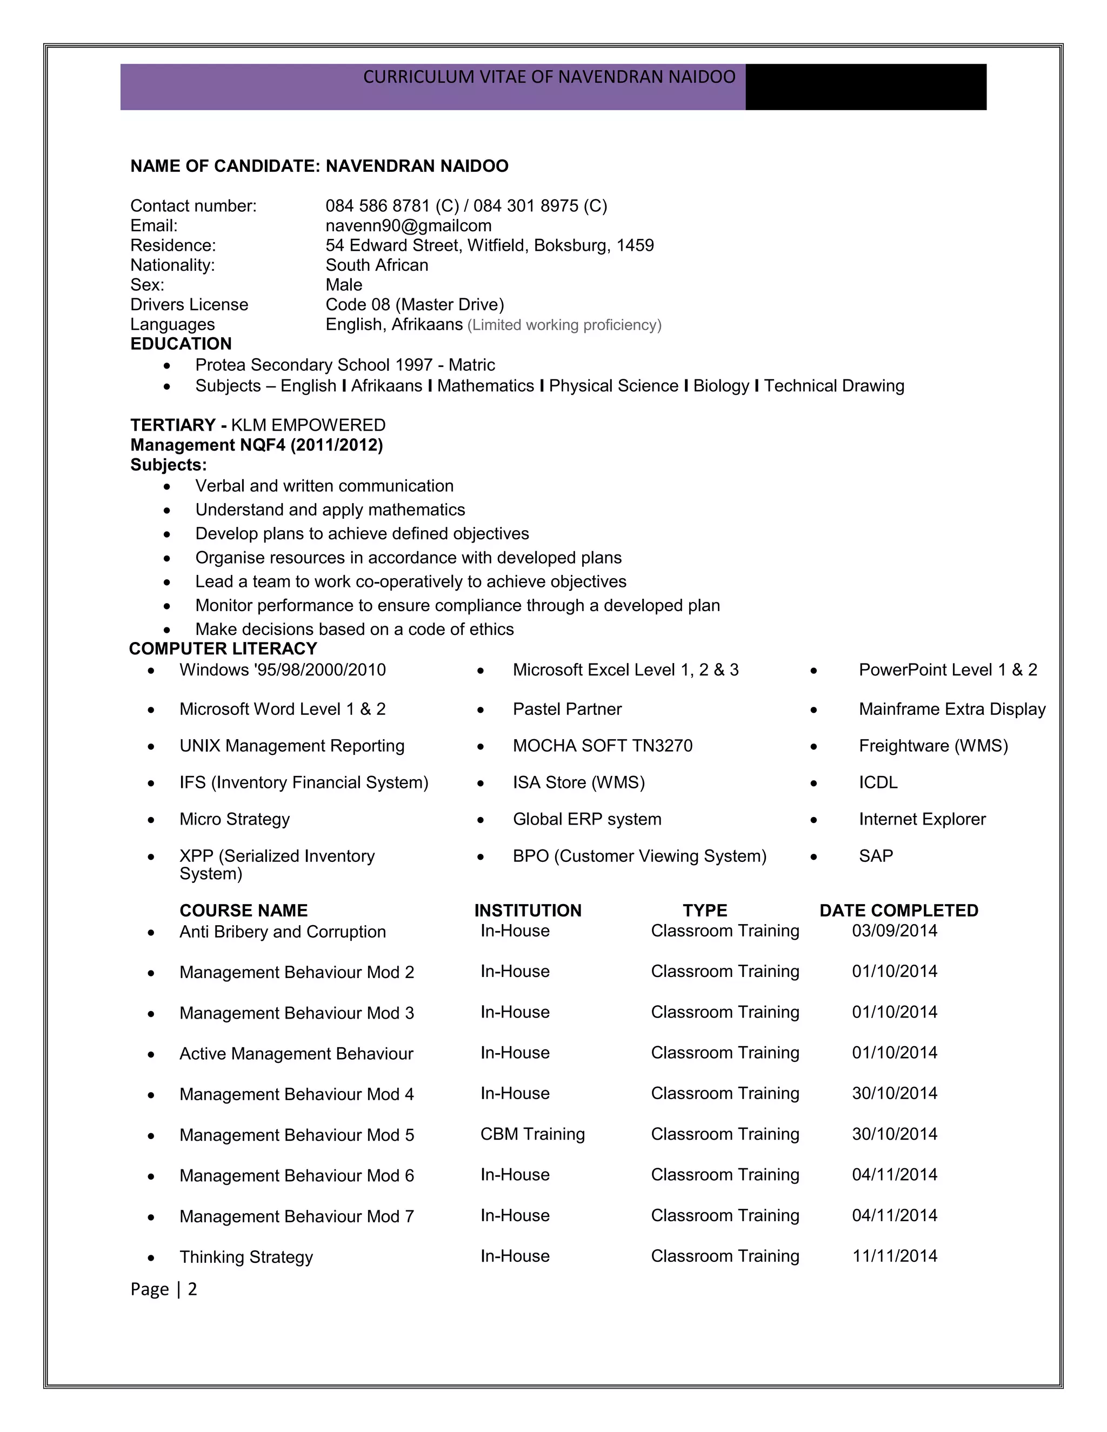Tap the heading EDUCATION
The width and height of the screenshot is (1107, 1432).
[x=181, y=344]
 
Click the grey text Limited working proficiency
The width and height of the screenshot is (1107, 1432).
[x=564, y=325]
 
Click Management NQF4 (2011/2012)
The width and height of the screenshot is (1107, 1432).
[x=256, y=445]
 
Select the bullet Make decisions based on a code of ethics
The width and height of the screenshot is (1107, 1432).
[x=354, y=630]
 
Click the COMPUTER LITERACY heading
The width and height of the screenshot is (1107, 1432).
[x=223, y=648]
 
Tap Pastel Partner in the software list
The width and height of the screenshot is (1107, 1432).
[x=566, y=709]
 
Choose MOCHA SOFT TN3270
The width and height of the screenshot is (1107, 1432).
[x=602, y=746]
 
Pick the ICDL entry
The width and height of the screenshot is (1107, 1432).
[x=877, y=782]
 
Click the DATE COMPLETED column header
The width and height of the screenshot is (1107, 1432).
[x=898, y=910]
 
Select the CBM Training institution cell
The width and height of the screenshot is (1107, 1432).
[x=532, y=1134]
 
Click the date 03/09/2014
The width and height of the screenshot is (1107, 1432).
[x=895, y=931]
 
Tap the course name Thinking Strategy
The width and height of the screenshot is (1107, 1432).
[x=246, y=1257]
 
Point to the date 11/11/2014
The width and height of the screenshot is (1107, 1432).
[x=895, y=1256]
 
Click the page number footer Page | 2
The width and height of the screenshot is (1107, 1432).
[x=163, y=1289]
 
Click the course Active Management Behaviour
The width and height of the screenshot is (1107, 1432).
[x=296, y=1054]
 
